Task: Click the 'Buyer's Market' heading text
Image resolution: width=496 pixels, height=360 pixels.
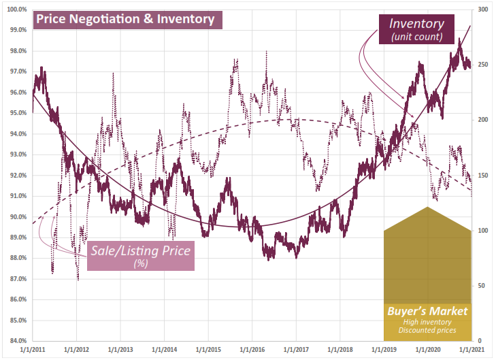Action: tap(428, 311)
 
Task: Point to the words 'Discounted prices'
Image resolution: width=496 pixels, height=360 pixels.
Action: tap(428, 332)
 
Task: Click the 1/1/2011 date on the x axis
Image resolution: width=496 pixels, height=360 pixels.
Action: tap(33, 350)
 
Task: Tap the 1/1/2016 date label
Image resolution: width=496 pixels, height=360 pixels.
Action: tap(251, 350)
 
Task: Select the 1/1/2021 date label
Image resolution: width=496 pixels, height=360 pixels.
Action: tap(470, 350)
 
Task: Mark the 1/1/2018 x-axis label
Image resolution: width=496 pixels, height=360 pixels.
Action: tap(339, 350)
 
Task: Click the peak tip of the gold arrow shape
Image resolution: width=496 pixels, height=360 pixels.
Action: tap(427, 207)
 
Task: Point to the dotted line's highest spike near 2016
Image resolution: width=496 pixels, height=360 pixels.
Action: tap(266, 52)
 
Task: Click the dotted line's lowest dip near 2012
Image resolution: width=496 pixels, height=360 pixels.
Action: tap(78, 279)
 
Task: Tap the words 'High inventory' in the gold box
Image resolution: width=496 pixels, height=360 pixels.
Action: tap(428, 322)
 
